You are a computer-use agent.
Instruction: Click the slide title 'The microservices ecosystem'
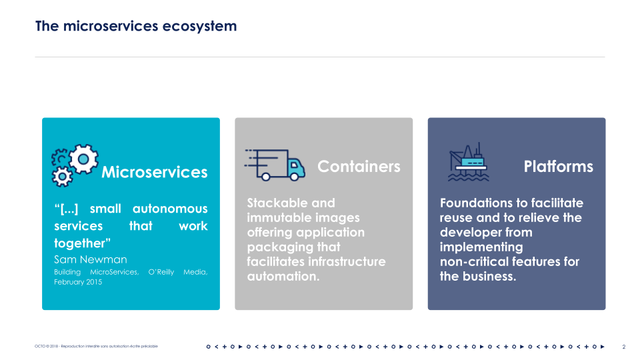136,27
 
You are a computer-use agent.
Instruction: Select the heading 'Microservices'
154,173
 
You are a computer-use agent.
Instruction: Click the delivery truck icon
275,165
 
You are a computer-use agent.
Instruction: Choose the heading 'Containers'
359,167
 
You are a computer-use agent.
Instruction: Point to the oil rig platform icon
468,163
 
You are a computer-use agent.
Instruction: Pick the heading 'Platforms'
558,167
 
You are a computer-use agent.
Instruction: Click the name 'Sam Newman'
90,259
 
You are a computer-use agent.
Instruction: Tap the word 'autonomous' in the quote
169,209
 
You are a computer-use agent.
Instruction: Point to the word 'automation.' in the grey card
283,276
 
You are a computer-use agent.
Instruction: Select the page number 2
623,347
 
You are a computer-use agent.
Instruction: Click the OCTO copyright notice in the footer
97,347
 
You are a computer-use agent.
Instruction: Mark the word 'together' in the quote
80,243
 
